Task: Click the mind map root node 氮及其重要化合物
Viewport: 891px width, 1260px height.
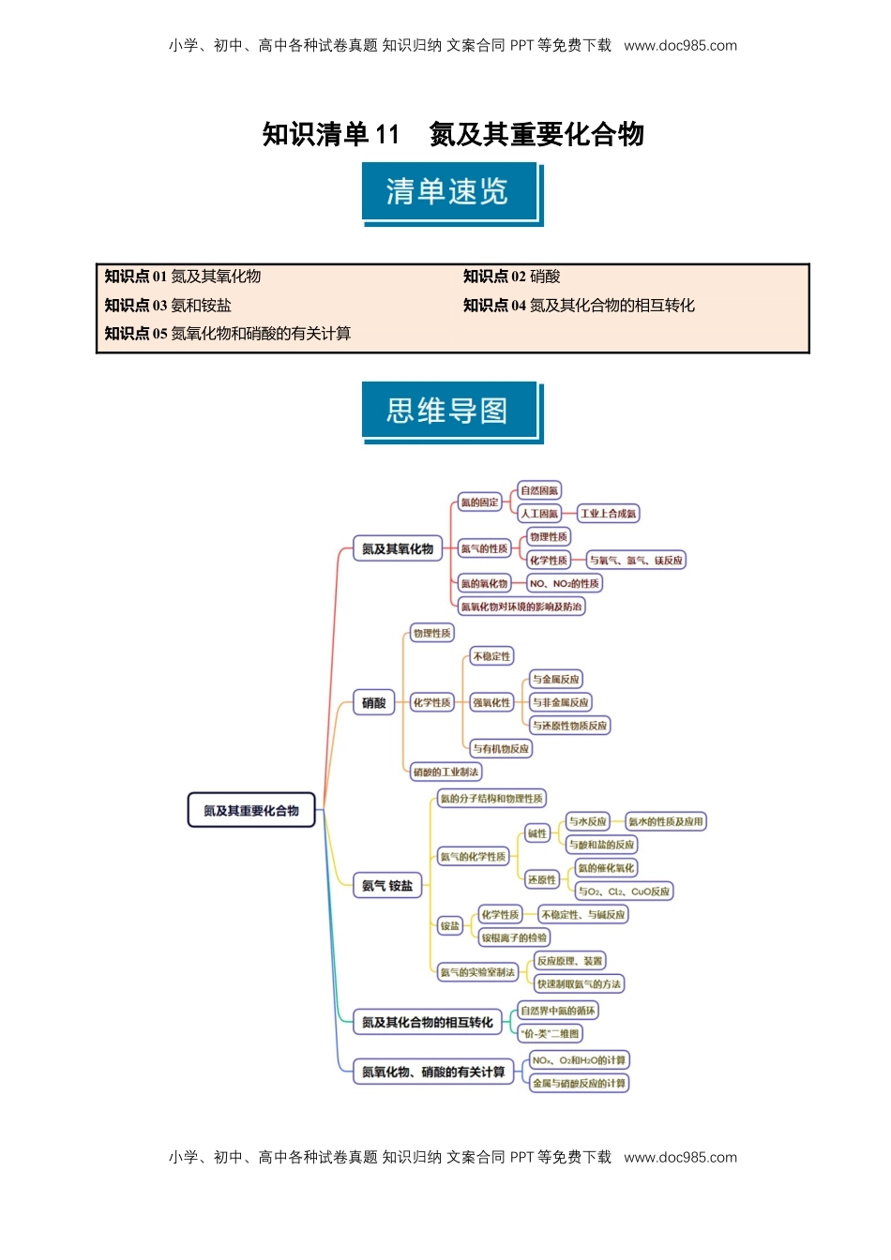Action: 251,811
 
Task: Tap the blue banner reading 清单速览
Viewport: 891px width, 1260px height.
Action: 447,192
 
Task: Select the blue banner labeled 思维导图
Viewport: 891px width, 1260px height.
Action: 447,411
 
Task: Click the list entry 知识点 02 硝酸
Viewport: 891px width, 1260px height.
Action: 511,277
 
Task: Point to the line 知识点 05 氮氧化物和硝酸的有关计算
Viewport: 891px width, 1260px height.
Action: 228,334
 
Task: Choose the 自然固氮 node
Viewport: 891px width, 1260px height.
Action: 539,490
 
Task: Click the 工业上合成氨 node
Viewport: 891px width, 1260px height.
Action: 608,514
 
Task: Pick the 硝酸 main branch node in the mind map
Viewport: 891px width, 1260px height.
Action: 374,703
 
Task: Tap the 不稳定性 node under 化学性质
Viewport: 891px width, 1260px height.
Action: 491,656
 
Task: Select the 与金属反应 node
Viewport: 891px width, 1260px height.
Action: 555,680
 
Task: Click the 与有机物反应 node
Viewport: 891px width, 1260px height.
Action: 501,749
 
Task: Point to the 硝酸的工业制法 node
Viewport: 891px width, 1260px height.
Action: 445,772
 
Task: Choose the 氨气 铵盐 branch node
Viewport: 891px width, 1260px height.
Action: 387,886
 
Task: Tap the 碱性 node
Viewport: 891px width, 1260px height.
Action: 536,833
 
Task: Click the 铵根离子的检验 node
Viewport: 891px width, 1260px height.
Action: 514,937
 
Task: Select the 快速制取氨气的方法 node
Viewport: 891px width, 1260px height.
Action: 579,984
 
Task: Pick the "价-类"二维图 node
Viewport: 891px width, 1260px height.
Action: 550,1034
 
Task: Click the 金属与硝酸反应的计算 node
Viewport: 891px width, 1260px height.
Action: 579,1084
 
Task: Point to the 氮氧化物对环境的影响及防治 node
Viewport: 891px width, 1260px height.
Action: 521,607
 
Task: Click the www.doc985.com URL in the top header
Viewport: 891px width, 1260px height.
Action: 680,45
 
